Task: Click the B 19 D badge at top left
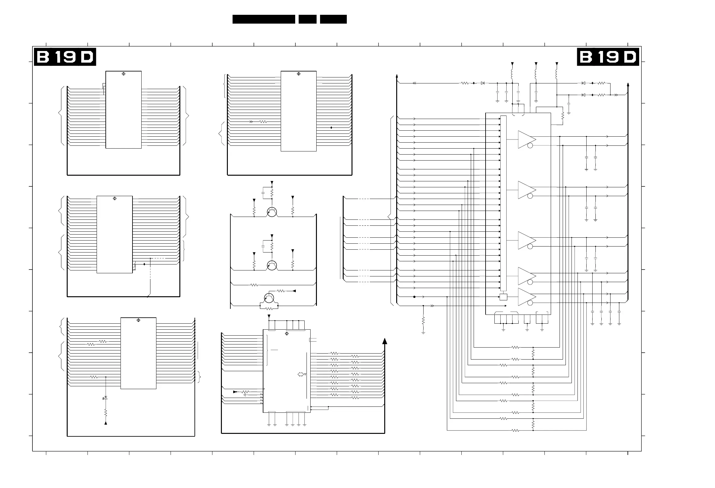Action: [x=65, y=57]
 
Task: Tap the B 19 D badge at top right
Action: [x=608, y=57]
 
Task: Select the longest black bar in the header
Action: [x=264, y=19]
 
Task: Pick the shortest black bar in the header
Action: [x=307, y=19]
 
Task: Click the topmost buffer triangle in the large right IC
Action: [x=526, y=139]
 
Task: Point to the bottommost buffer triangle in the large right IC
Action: [x=526, y=297]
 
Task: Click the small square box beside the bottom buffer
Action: [x=504, y=297]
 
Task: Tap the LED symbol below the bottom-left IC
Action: [x=105, y=398]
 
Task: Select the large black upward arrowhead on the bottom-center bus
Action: [x=384, y=342]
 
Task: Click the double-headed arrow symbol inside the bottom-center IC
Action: [x=301, y=374]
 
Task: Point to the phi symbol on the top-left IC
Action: [x=123, y=74]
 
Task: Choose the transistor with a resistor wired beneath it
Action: [x=269, y=298]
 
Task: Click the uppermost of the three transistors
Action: [x=272, y=212]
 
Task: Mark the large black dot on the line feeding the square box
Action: [x=414, y=297]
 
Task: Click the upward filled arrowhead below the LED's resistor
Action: [x=106, y=423]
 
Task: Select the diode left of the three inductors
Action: [x=483, y=83]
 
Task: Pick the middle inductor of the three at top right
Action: [x=536, y=74]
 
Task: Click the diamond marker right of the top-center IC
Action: [x=331, y=128]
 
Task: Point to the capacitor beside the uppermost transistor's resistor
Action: [x=263, y=192]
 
